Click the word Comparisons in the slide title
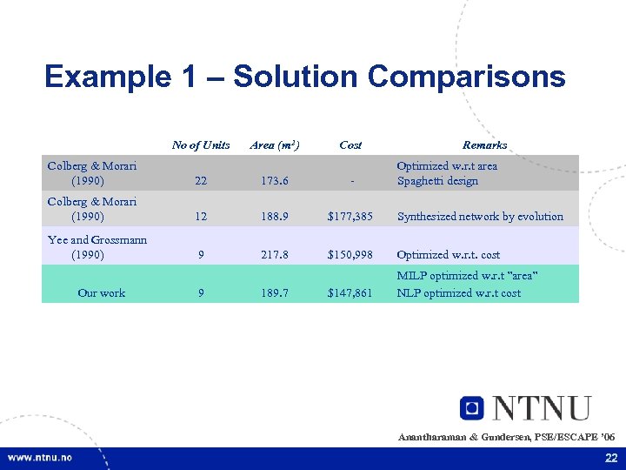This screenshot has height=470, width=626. [466, 77]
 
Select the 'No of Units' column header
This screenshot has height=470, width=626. [201, 144]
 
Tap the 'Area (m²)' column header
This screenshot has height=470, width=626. [275, 144]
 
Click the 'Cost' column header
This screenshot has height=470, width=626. [350, 144]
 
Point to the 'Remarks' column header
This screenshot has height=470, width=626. [484, 144]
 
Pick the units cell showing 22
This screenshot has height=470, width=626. [201, 181]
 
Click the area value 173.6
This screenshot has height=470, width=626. [275, 181]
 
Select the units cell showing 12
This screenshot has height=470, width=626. [201, 217]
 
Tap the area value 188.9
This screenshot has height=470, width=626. [275, 217]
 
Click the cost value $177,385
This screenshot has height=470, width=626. [350, 217]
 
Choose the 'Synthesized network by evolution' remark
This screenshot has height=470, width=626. [480, 217]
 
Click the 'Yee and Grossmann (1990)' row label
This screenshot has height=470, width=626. [97, 247]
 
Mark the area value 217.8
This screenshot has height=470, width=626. [275, 255]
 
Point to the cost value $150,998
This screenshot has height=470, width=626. [350, 255]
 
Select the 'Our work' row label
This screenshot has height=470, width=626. [101, 292]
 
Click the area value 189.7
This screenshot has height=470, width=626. [275, 293]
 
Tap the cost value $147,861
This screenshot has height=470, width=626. [350, 293]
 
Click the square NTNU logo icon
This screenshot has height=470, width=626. [472, 408]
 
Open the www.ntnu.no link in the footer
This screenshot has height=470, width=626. [40, 458]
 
